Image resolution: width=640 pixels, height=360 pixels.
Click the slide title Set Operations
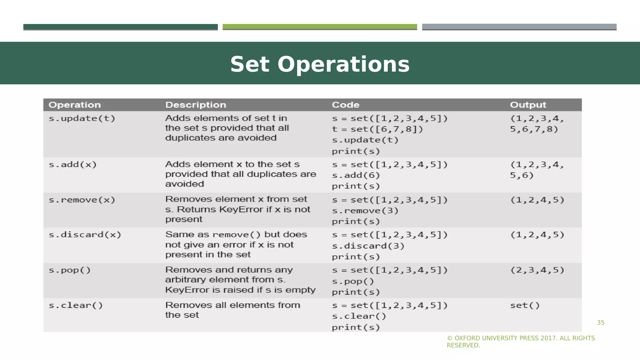(x=320, y=64)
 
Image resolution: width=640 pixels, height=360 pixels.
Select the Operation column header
(x=75, y=105)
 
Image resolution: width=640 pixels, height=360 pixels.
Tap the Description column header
(x=196, y=105)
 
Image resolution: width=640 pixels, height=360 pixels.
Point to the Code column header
(x=346, y=105)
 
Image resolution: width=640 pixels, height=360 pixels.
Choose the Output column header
(x=528, y=105)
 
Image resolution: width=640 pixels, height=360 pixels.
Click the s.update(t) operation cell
(x=82, y=118)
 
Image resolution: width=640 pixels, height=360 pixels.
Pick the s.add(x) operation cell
(x=72, y=164)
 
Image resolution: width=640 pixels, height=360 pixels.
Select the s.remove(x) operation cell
(x=82, y=200)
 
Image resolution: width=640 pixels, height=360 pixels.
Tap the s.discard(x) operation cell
(x=85, y=235)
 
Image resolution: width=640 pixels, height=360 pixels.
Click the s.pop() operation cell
(x=70, y=270)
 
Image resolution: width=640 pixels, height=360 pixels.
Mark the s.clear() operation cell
(x=76, y=305)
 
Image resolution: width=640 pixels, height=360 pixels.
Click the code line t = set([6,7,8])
(x=377, y=129)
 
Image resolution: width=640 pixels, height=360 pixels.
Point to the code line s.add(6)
(x=356, y=175)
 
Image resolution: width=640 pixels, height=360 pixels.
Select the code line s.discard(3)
(x=368, y=246)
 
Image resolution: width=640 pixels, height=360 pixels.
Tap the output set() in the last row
(x=525, y=305)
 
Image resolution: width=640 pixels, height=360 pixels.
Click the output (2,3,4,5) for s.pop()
(x=537, y=270)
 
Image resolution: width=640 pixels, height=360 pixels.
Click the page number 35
(x=601, y=322)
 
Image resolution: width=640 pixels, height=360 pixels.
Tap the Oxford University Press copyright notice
(x=521, y=342)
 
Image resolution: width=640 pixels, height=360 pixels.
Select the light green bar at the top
(x=320, y=27)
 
